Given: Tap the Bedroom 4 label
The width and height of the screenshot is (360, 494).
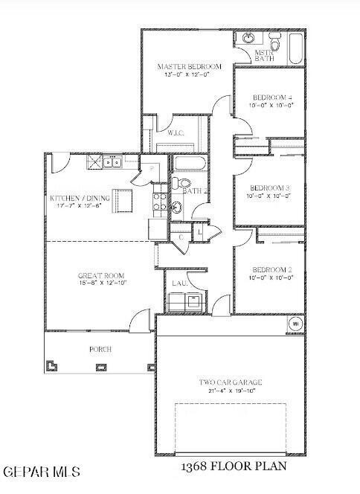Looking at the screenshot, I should coord(269,97).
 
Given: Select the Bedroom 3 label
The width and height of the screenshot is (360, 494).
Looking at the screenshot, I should coord(269,187).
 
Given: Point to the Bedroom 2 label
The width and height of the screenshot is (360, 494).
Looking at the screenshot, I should coord(269,269).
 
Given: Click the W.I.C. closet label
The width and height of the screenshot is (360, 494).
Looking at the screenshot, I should coord(176,134).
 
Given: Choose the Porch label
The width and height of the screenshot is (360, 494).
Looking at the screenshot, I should coord(100,348).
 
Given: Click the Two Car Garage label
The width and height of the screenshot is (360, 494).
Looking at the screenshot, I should coord(230,382).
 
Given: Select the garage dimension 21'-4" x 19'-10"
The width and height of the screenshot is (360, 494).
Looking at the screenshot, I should coord(230,391).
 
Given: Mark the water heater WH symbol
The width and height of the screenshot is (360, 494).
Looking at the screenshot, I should coord(294,324).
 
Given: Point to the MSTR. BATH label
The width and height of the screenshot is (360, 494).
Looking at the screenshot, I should coord(264,56).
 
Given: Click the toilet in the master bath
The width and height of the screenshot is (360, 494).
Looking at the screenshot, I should coord(274,45).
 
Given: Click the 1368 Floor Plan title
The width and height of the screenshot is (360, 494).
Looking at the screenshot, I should coord(232,466).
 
